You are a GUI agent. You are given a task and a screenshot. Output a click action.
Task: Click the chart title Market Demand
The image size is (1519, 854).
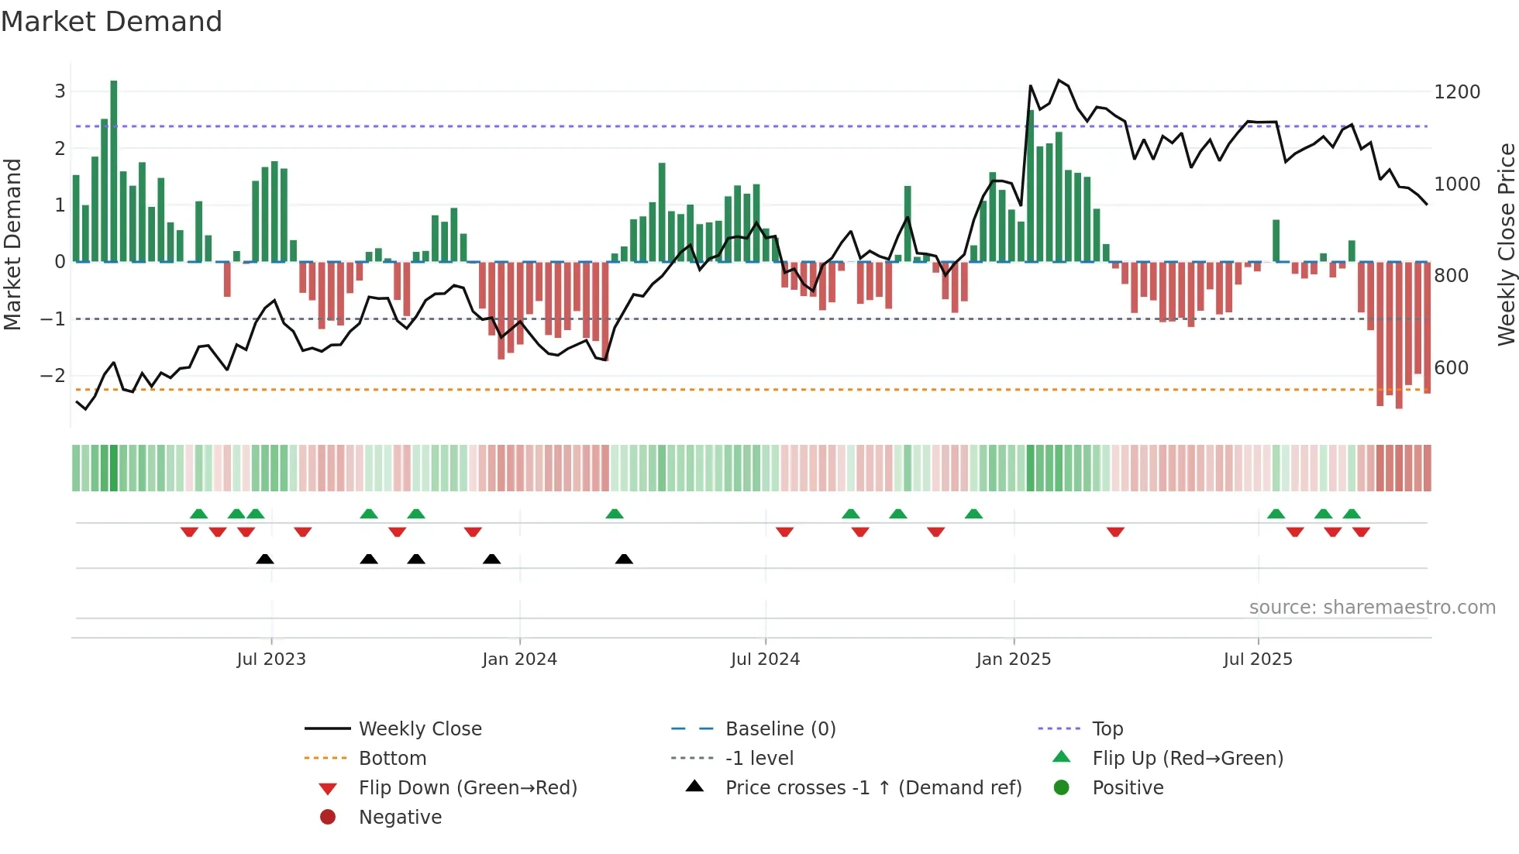pos(112,22)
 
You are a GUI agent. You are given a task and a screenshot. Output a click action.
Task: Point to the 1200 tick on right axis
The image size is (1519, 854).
pos(1456,92)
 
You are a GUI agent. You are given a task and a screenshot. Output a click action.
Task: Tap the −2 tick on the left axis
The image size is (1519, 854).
pos(53,376)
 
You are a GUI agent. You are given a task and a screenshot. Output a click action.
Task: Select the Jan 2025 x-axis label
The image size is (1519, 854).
pos(1013,659)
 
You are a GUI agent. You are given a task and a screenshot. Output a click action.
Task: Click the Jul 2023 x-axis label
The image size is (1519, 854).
pos(271,659)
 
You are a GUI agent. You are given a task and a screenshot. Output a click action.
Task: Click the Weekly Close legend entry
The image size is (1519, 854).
pos(419,729)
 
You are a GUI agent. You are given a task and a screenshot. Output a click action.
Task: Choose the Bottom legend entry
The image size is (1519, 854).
pos(392,759)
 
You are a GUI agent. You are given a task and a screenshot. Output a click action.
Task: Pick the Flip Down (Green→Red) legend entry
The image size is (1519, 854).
pos(467,788)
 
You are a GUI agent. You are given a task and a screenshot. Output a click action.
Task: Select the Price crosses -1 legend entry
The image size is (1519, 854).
pos(873,788)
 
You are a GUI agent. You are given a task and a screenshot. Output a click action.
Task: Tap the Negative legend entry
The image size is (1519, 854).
pos(400,818)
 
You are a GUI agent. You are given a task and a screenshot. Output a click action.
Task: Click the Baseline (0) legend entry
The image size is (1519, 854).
pos(780,729)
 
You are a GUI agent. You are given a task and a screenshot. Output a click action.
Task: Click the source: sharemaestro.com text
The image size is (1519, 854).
pos(1372,608)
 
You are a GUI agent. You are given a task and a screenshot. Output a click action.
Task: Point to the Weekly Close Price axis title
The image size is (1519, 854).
pos(1506,244)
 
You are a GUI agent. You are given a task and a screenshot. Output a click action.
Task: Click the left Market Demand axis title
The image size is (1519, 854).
pos(12,244)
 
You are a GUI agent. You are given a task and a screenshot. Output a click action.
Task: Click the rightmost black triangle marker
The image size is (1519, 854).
pos(624,559)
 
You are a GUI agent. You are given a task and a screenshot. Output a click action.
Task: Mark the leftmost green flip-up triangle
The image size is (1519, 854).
pos(199,514)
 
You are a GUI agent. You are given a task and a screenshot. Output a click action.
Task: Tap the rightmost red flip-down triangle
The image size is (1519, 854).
pos(1361,532)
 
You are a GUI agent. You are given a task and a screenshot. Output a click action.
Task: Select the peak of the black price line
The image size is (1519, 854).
pos(1059,81)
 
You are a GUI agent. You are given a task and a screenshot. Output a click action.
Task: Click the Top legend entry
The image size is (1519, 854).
pos(1107,729)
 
